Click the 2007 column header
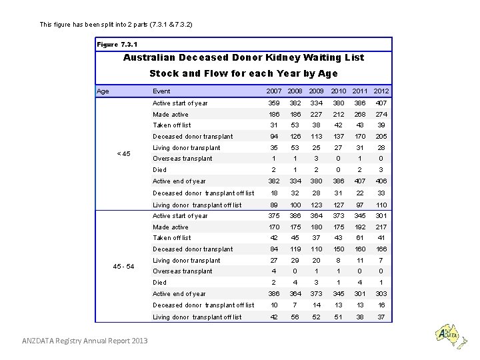[274, 91]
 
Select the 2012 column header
[381, 91]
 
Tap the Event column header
[161, 91]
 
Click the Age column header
[103, 91]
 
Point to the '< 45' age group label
[123, 153]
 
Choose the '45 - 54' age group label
[123, 266]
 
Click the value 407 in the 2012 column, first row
[381, 103]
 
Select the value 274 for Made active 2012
[381, 115]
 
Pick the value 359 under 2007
[274, 103]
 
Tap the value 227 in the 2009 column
[317, 115]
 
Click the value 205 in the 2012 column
[381, 137]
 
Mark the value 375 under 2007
[274, 216]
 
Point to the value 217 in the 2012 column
[381, 227]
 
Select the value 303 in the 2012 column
[381, 294]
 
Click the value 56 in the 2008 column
[295, 317]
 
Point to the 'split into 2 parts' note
[117, 25]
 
